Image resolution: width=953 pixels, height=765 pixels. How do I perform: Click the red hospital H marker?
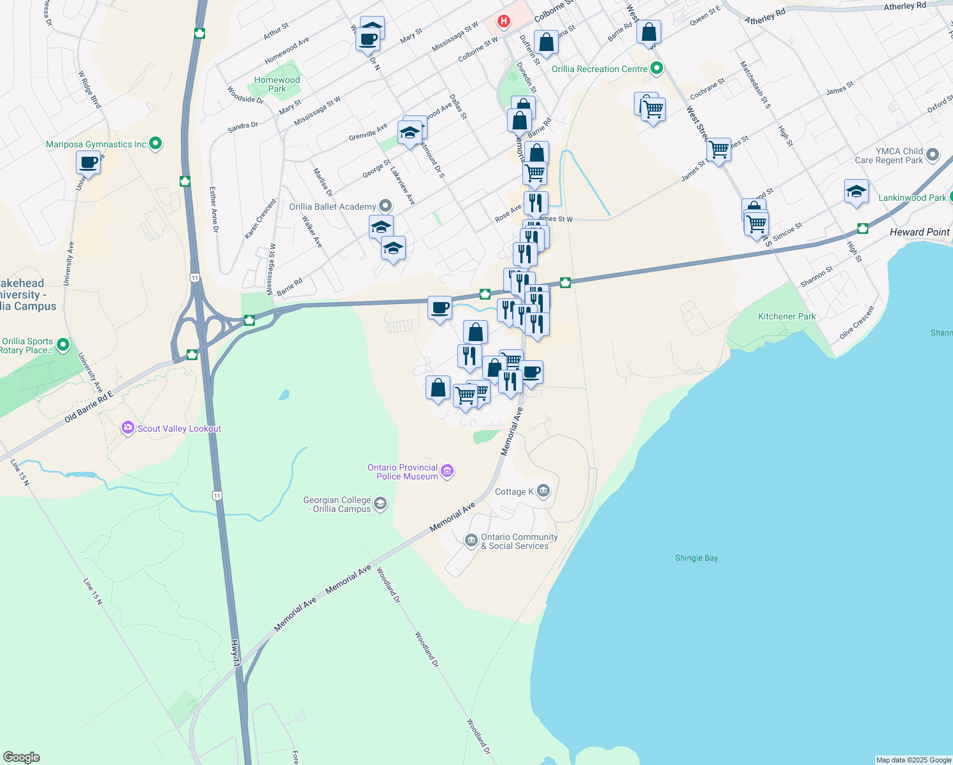504,22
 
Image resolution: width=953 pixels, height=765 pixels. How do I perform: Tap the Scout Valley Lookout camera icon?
128,428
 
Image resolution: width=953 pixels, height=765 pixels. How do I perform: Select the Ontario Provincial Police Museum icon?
447,471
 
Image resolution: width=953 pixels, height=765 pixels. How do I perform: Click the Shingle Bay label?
696,558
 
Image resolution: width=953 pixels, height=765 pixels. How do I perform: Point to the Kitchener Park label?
787,316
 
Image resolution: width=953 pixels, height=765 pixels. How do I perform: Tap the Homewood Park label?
277,84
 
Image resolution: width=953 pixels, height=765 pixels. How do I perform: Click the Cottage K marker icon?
543,491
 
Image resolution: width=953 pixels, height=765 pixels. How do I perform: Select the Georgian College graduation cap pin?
380,504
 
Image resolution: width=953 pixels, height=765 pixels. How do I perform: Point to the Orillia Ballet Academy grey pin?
385,206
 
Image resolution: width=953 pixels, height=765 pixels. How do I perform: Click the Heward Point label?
919,232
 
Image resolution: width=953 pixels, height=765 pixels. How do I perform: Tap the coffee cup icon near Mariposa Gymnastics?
89,163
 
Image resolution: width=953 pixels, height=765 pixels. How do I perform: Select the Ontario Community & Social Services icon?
471,541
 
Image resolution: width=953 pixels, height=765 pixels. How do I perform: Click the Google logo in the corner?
21,757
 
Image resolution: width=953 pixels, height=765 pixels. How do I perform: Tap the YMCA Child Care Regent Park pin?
933,155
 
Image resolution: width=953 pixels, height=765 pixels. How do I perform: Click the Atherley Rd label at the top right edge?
905,6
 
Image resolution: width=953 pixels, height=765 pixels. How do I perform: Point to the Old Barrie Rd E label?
89,406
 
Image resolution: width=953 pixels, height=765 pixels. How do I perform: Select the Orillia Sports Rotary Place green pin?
62,345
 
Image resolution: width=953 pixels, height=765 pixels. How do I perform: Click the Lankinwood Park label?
912,198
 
